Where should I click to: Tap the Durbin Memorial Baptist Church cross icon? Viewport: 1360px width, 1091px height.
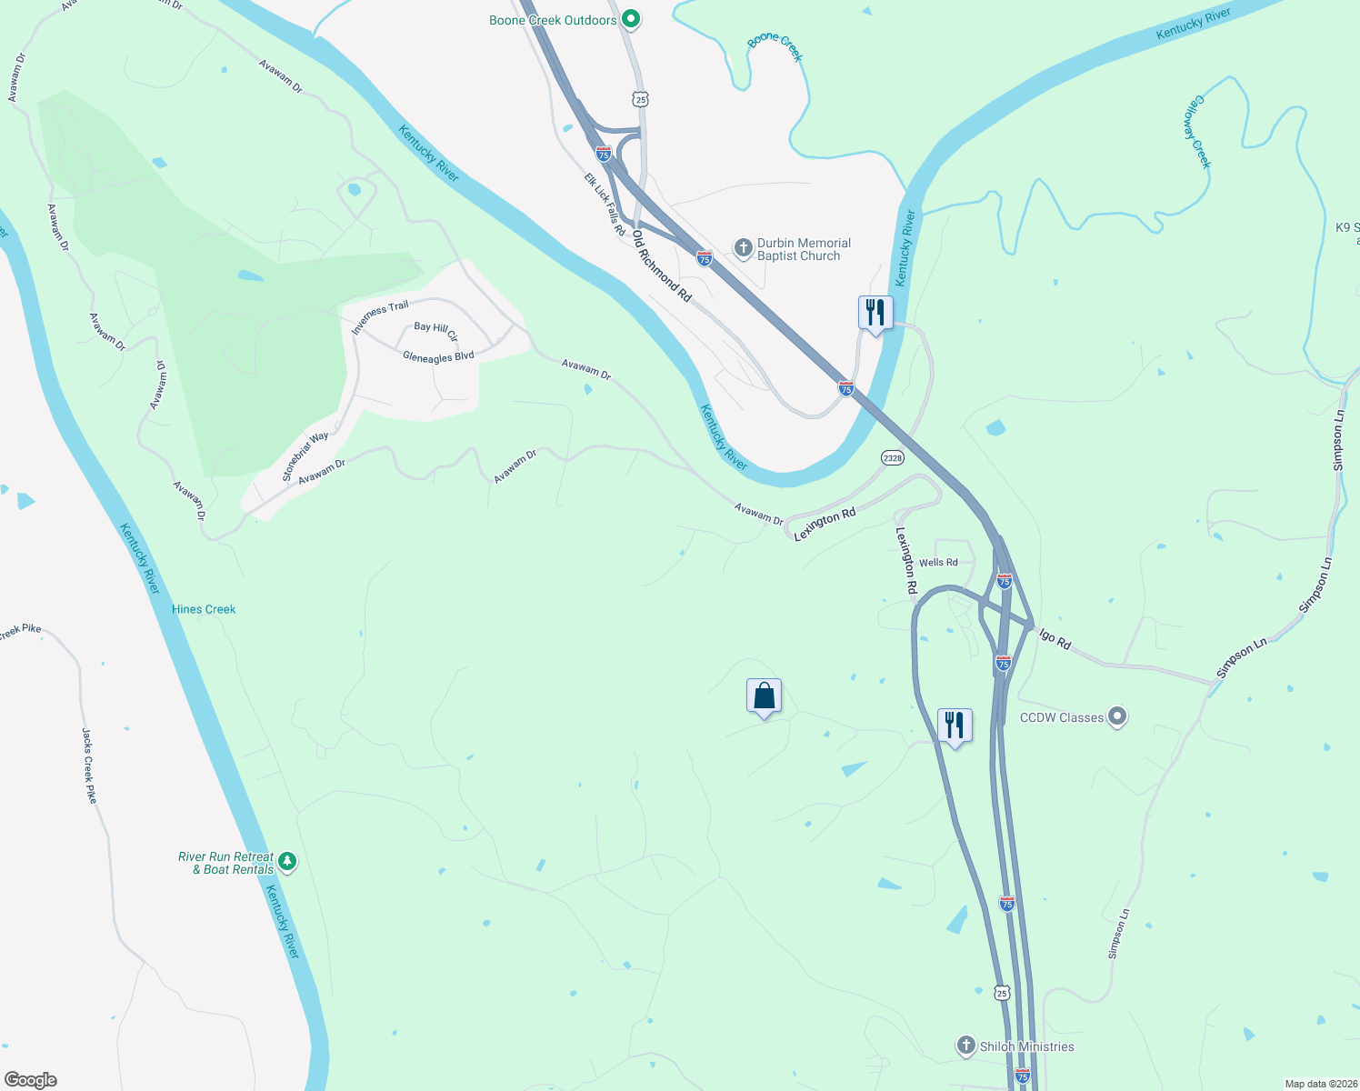point(743,247)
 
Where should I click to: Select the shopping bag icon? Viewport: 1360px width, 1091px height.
point(764,696)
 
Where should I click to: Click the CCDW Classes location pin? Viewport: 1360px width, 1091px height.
point(1118,717)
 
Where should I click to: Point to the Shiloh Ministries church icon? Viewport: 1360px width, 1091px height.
point(966,1046)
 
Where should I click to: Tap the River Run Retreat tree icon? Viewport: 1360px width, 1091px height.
point(287,860)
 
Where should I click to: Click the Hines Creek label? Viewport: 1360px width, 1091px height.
point(204,609)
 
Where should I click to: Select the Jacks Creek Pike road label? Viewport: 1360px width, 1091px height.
point(89,766)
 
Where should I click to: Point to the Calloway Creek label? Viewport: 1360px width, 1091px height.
point(1197,132)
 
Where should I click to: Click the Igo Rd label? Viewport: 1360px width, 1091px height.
point(1055,640)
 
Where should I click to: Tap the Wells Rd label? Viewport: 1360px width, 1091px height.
point(938,563)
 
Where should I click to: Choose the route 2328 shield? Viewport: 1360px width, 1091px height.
point(893,457)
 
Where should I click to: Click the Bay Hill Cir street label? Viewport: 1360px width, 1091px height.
point(436,331)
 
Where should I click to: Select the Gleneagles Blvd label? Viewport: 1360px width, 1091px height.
point(438,357)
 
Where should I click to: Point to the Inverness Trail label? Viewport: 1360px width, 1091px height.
point(380,317)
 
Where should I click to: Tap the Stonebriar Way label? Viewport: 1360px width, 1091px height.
point(305,456)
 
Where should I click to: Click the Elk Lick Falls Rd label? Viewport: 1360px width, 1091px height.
point(605,205)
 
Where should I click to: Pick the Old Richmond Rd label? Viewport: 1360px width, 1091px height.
point(662,266)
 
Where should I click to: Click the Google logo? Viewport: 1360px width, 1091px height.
point(31,1080)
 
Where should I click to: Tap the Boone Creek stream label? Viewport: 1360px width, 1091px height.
point(775,47)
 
